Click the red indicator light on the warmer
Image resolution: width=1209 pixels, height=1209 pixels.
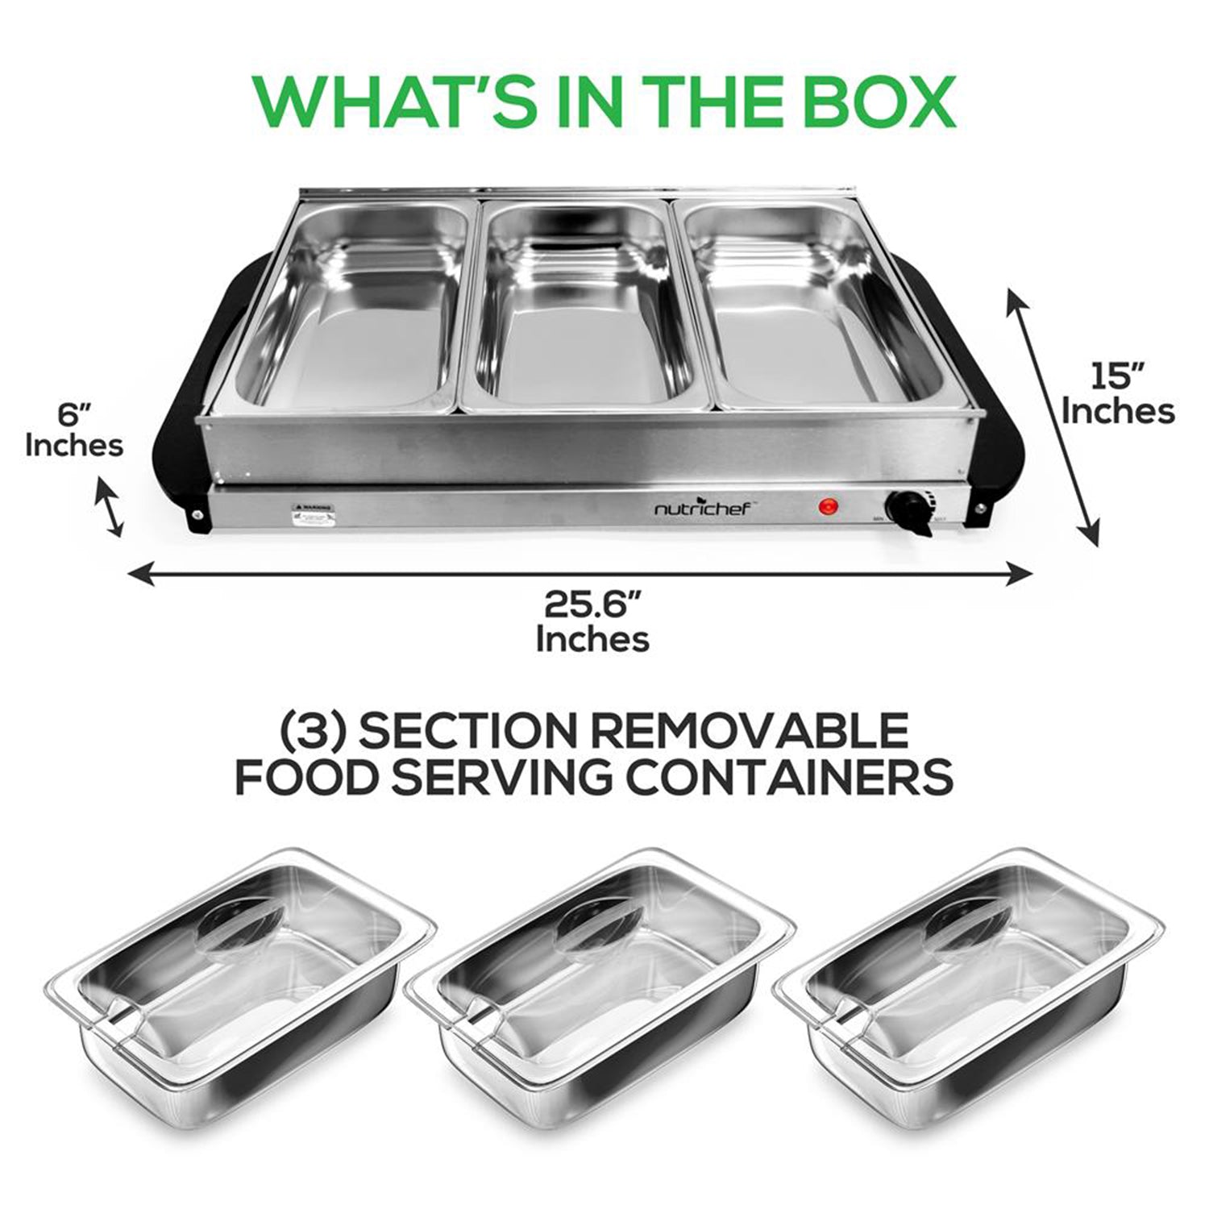click(827, 507)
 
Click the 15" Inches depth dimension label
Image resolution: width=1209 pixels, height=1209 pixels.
click(1117, 395)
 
